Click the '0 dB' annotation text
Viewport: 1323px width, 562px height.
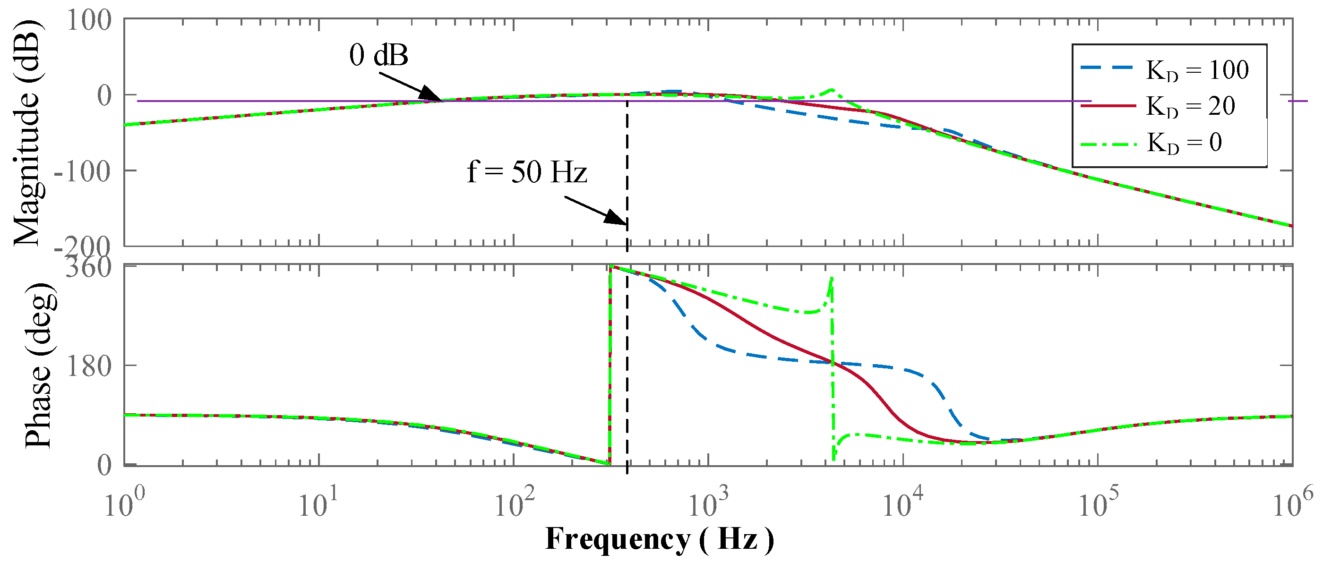tap(378, 55)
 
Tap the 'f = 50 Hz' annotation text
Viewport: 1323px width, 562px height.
tap(526, 172)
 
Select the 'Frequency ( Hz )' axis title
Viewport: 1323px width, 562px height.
tap(659, 539)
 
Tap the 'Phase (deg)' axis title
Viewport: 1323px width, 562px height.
tap(39, 365)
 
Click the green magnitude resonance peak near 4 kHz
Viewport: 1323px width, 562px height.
tap(832, 90)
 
